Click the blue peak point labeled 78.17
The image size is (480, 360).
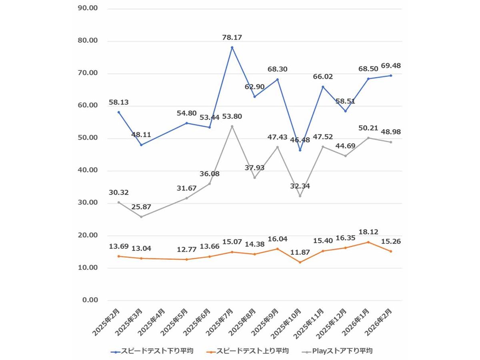[x=232, y=48]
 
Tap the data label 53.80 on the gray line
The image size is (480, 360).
[x=232, y=117]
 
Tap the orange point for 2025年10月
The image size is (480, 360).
[x=300, y=262]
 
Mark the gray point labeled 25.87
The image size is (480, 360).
[x=141, y=217]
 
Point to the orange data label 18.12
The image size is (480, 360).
[x=368, y=232]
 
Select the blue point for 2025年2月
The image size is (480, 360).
[x=118, y=112]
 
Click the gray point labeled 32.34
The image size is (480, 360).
[x=300, y=196]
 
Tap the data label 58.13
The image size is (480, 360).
[x=118, y=102]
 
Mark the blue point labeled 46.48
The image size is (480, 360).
[x=300, y=150]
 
